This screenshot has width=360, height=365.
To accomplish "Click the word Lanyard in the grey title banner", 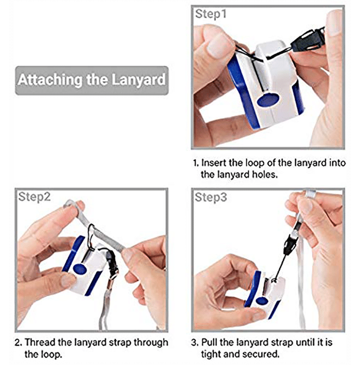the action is pos(138,80).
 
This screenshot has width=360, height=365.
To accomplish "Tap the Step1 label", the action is pos(211,14).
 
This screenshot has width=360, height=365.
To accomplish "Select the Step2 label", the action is pos(34,197).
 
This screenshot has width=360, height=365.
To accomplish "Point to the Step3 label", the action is pos(211,198).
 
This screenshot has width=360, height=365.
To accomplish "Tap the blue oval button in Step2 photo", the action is pos(80,269).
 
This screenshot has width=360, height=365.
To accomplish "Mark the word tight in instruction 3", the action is pos(211,355).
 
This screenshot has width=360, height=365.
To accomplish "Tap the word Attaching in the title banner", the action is pos(51,80).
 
